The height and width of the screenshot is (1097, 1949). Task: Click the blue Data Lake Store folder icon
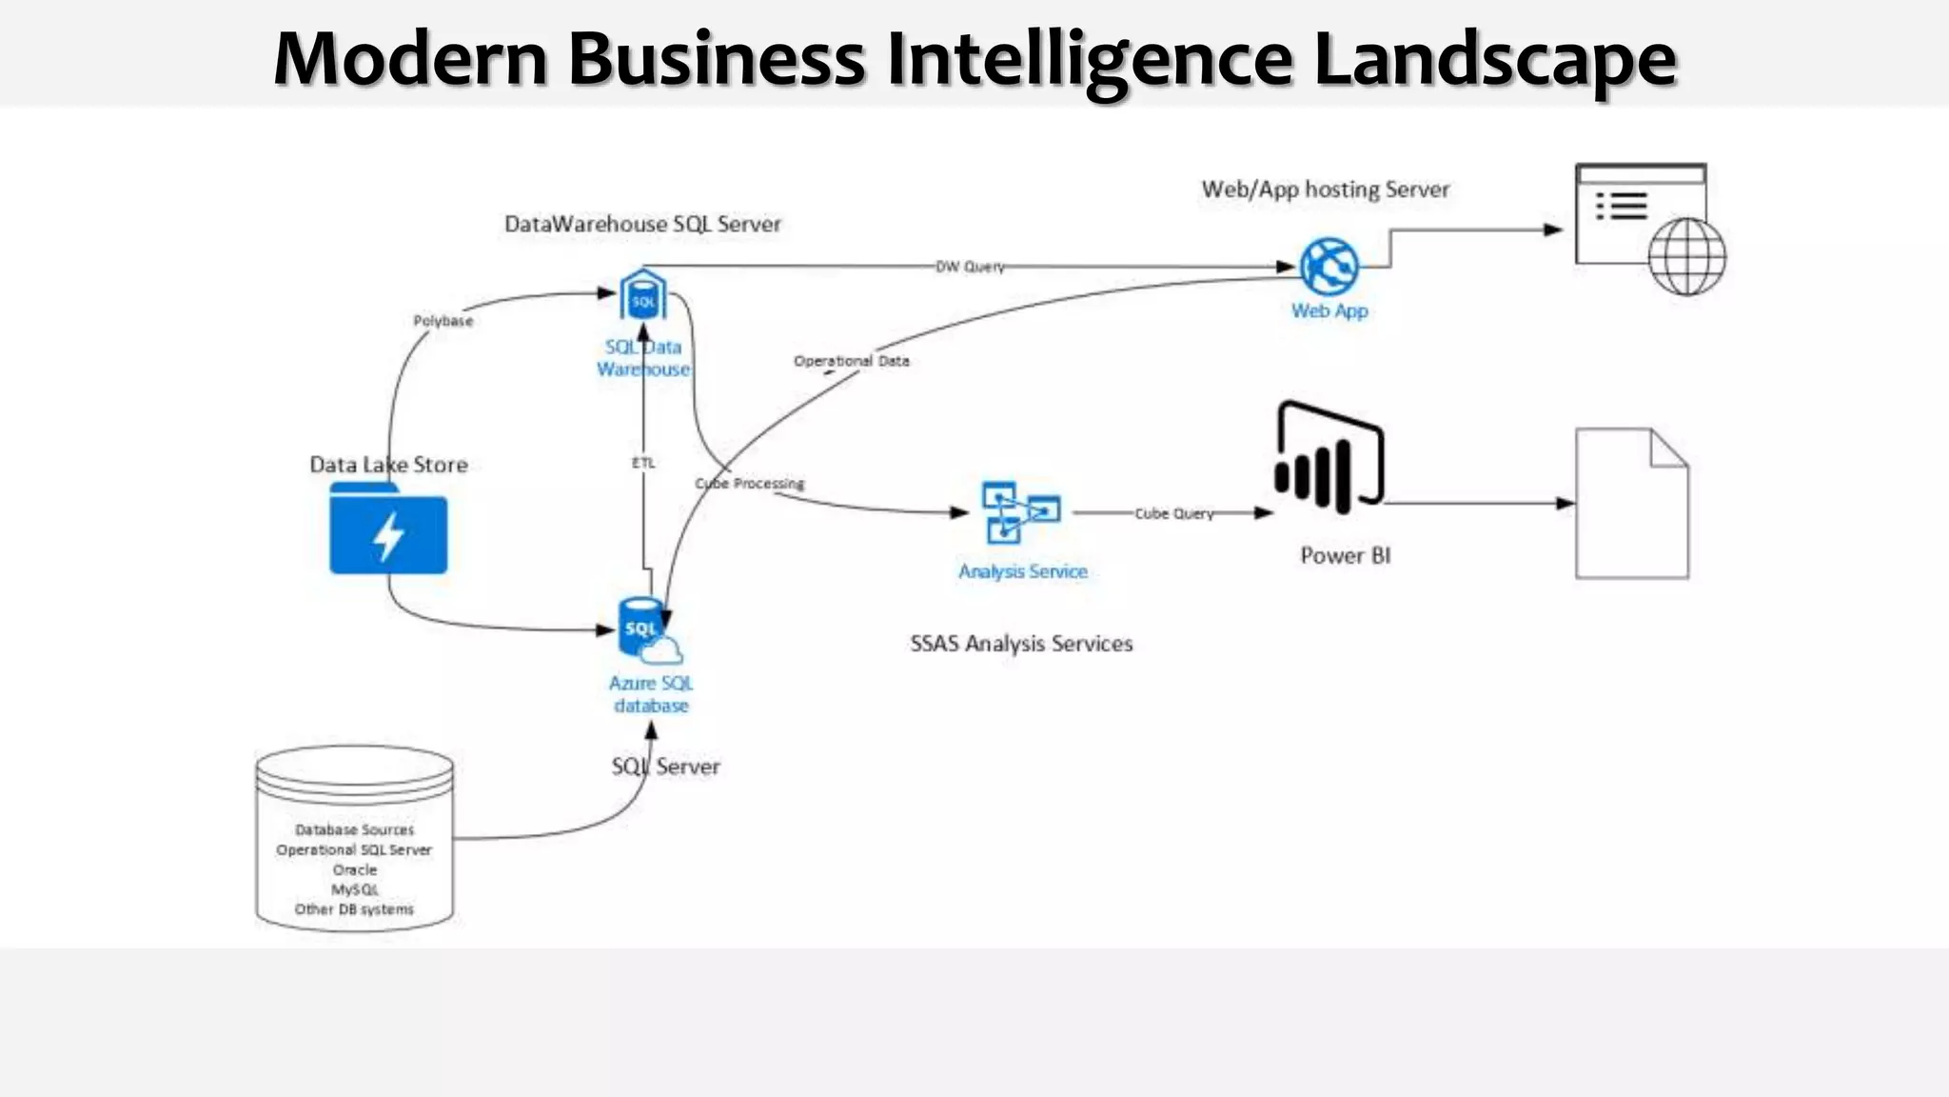[388, 529]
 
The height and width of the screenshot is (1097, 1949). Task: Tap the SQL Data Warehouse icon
[643, 296]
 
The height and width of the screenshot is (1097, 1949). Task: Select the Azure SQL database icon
[647, 629]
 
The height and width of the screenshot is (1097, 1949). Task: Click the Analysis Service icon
[1020, 512]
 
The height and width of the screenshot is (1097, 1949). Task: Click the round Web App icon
[1329, 267]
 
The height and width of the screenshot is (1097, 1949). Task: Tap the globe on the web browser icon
[1686, 256]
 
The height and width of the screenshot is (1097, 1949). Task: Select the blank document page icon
[1631, 504]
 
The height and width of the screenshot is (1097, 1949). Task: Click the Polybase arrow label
[443, 321]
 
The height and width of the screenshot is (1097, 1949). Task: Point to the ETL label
[643, 463]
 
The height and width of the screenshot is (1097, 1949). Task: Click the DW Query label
[970, 267]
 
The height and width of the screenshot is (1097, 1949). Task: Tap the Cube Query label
[1173, 513]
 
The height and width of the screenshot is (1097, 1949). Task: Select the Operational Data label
[851, 361]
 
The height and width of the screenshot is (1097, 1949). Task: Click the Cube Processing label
[750, 484]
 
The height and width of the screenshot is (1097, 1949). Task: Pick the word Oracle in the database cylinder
[355, 869]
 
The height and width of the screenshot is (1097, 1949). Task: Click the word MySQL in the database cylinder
[355, 889]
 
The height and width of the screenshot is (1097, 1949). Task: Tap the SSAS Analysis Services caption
[1021, 644]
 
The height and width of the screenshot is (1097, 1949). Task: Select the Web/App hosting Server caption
[1325, 189]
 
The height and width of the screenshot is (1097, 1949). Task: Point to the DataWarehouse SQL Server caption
[642, 224]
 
